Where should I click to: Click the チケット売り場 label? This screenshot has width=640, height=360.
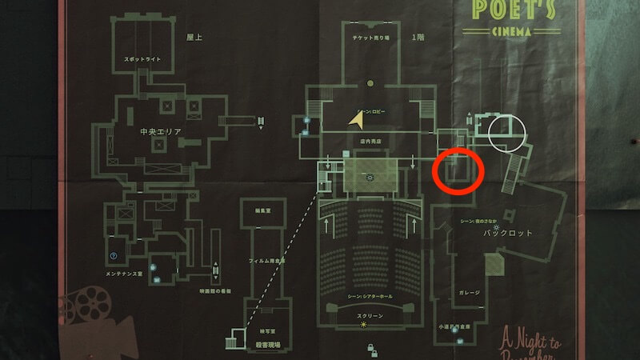[370, 38]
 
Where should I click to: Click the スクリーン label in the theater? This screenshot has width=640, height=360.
[369, 316]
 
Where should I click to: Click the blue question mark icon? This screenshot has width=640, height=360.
[115, 256]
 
